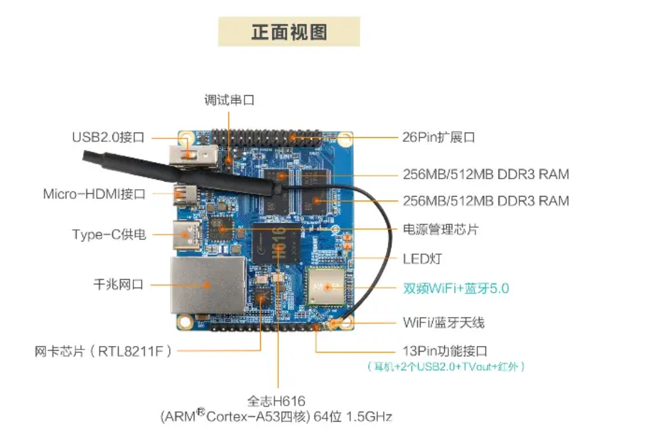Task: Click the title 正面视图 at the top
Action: [x=289, y=32]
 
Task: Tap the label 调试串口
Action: [x=229, y=100]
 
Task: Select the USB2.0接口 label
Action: [x=108, y=137]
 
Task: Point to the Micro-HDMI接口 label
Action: [x=95, y=194]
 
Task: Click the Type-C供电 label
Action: [x=109, y=234]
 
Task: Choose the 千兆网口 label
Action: [x=118, y=284]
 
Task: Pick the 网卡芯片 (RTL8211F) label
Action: [x=103, y=351]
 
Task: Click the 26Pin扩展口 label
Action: [x=438, y=137]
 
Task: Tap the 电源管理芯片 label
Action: [x=441, y=229]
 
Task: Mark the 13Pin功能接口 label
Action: [x=445, y=351]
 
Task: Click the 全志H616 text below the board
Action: [x=276, y=401]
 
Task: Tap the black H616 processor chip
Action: [x=276, y=244]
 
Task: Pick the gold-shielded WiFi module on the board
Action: [x=325, y=287]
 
